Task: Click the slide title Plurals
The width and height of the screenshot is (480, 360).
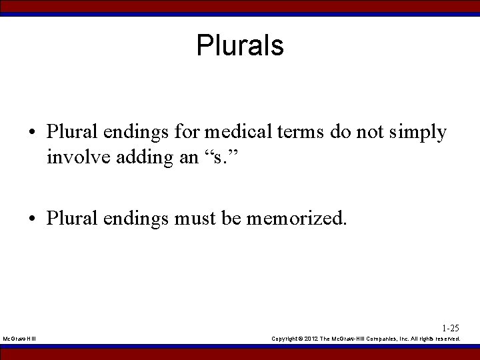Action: point(240,46)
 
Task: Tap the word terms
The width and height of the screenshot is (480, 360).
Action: point(303,133)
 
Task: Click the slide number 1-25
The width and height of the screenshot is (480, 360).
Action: point(450,328)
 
